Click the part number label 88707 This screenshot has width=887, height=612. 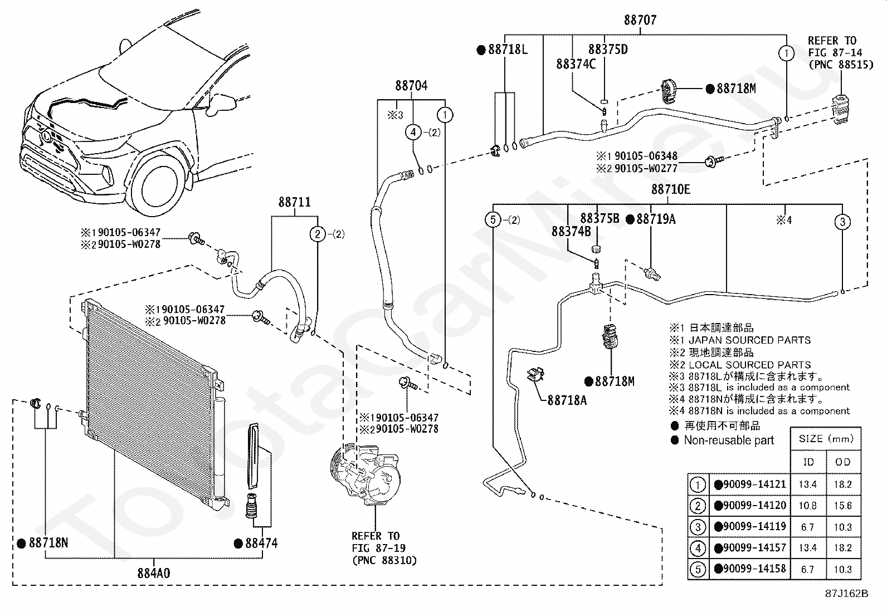640,20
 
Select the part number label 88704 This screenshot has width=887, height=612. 411,86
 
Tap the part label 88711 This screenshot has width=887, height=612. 294,202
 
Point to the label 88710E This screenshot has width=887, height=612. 671,189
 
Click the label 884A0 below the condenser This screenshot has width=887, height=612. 154,573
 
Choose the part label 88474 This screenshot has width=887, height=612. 261,543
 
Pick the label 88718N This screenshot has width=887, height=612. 48,543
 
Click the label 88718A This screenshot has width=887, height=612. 567,400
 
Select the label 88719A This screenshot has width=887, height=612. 656,219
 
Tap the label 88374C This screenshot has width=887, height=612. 576,64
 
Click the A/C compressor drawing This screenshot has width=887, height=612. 365,474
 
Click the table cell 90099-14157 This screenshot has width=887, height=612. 754,548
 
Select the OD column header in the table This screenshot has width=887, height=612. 842,462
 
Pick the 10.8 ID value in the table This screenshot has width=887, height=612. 807,506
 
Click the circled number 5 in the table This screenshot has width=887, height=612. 698,569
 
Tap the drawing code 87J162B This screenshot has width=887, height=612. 847,594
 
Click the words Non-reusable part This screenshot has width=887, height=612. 729,440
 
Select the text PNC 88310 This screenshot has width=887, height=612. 384,561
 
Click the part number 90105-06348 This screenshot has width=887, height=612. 646,156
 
